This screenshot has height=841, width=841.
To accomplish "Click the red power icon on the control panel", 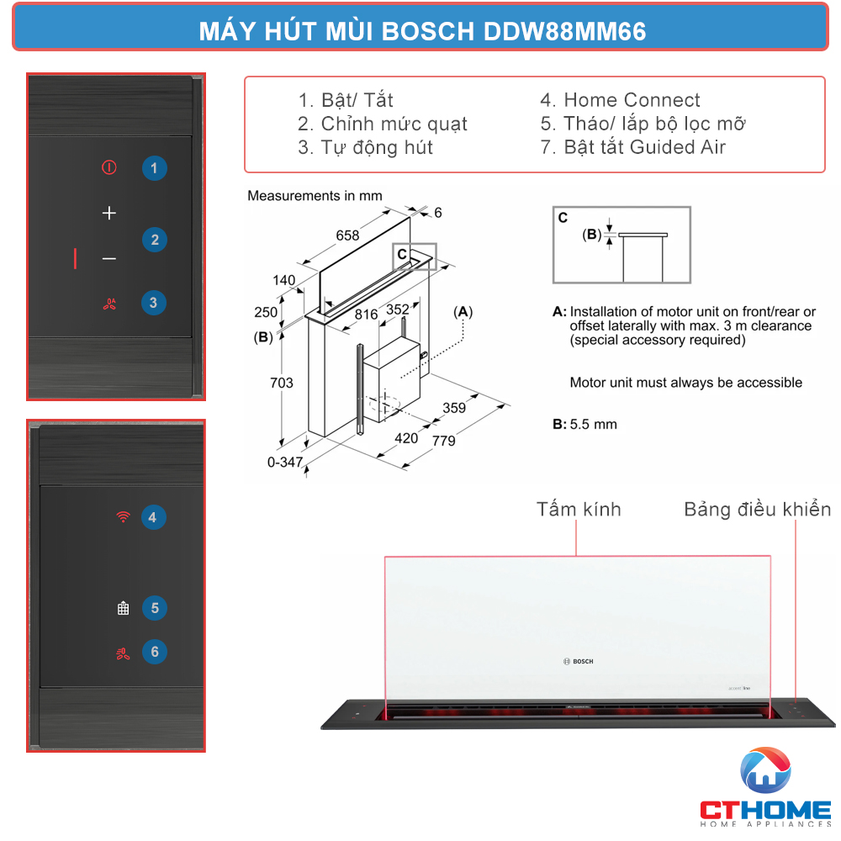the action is (x=108, y=167).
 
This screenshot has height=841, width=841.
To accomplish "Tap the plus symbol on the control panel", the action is (x=108, y=213).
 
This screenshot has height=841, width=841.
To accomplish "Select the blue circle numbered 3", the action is (x=153, y=303).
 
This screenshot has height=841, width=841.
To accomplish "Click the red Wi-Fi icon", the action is (x=123, y=516).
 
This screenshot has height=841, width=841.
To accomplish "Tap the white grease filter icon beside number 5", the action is (x=124, y=608).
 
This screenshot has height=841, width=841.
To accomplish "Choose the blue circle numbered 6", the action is (x=155, y=652).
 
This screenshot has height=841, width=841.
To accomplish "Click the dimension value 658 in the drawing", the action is (x=347, y=235).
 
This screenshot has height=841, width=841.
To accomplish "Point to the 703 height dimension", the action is (x=282, y=383).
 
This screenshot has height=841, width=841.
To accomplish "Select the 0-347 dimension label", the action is (x=285, y=462).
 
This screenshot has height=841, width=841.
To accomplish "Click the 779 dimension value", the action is (x=443, y=441).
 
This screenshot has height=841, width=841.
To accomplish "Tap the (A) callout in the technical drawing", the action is (x=463, y=312).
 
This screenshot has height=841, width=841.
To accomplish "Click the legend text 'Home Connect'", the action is (x=632, y=100).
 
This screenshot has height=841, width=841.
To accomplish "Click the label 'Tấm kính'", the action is (x=579, y=509).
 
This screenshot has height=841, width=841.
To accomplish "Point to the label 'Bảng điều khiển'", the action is (x=758, y=509).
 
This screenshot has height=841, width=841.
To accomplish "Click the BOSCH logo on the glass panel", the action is (x=579, y=661).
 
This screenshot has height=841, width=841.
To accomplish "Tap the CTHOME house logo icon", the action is (x=765, y=770).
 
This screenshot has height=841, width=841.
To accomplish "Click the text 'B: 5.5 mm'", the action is (x=584, y=424).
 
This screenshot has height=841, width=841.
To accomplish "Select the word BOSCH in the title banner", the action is (x=427, y=31).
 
